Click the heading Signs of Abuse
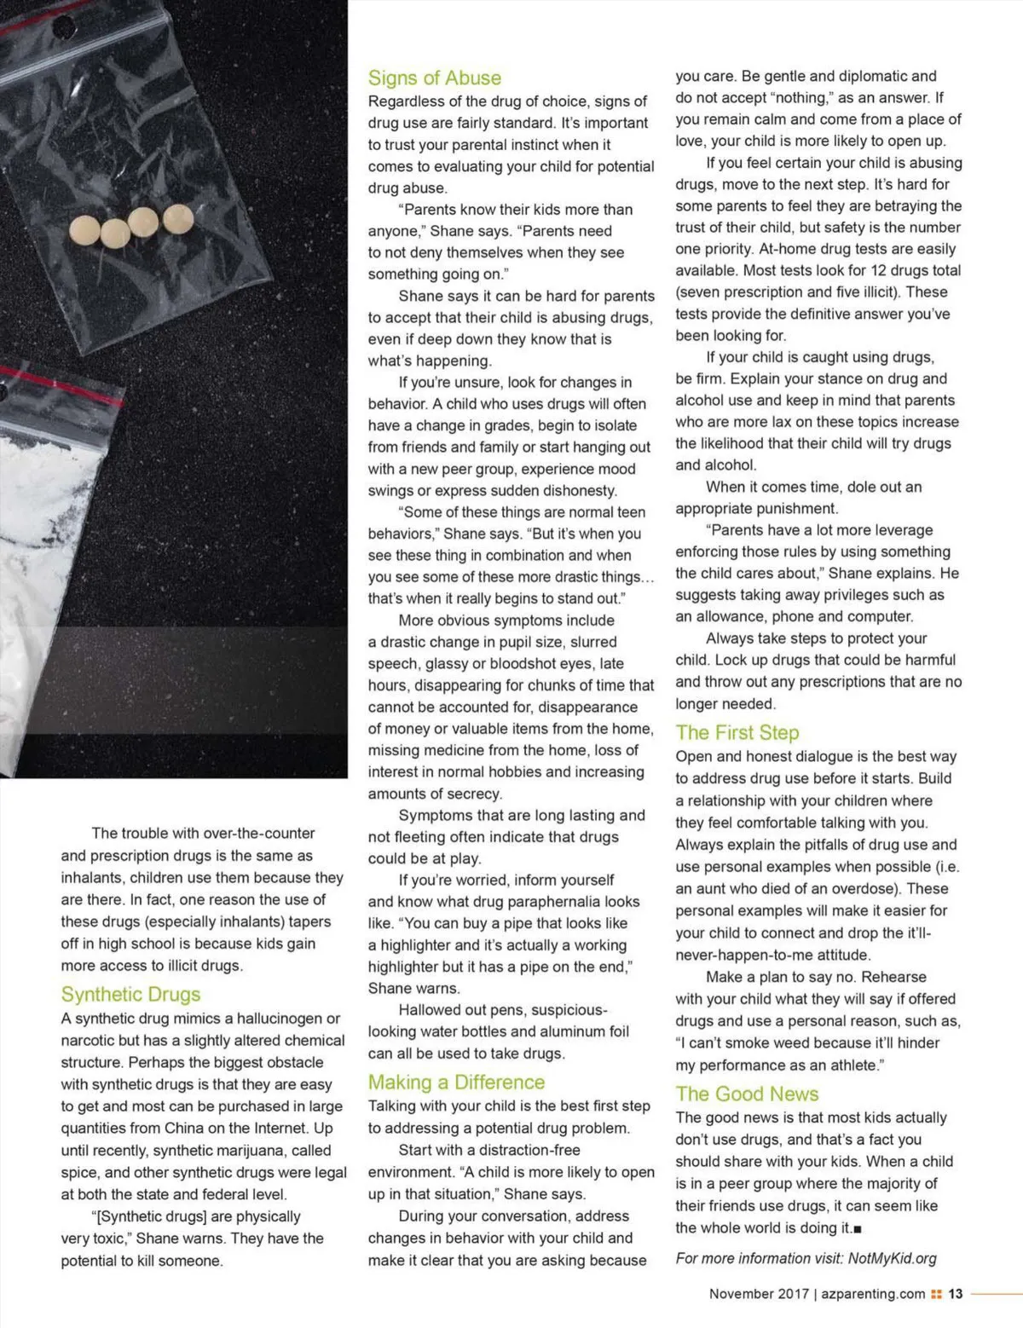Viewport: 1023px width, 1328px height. click(434, 78)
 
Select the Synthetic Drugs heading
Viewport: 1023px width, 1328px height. click(130, 995)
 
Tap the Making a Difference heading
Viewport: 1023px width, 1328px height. click(456, 1083)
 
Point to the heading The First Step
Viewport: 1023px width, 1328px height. click(737, 733)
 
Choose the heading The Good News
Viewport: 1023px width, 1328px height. click(747, 1094)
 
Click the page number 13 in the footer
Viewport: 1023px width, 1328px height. click(955, 1294)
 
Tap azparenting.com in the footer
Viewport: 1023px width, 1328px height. click(874, 1294)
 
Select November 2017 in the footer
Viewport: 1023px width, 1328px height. click(759, 1294)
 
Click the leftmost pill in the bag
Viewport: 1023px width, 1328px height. click(85, 228)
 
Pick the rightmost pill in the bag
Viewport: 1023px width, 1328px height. click(178, 218)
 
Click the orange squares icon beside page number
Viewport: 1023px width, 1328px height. click(936, 1294)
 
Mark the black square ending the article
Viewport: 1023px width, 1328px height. click(857, 1229)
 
